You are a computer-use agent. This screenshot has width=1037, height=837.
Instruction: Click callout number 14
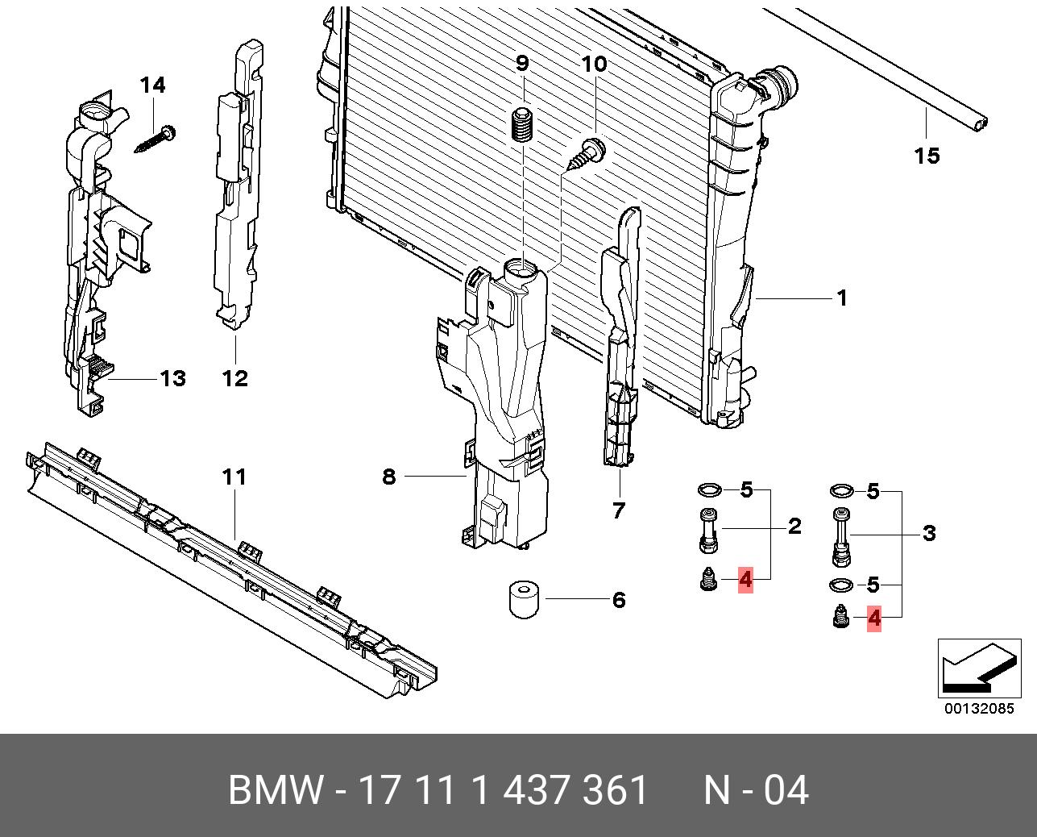[152, 85]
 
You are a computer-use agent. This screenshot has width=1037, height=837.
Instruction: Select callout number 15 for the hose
[927, 155]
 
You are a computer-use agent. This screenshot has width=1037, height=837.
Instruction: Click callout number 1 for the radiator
[842, 298]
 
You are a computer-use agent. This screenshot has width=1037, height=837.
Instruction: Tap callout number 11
[234, 477]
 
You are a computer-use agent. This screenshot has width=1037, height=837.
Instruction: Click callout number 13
[172, 378]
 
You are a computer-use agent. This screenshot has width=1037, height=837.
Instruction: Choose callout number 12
[235, 378]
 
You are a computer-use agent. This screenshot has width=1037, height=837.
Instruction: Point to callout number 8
[389, 477]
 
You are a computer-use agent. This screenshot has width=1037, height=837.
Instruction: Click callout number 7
[618, 510]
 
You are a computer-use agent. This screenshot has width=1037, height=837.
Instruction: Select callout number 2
[794, 527]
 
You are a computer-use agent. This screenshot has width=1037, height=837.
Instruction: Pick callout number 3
[928, 533]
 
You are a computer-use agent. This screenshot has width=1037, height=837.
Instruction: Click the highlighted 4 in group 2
[745, 579]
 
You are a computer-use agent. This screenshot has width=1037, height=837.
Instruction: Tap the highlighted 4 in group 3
[873, 618]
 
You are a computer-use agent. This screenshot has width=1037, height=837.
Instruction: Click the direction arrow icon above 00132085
[976, 668]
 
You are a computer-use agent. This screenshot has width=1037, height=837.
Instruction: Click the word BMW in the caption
[276, 790]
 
